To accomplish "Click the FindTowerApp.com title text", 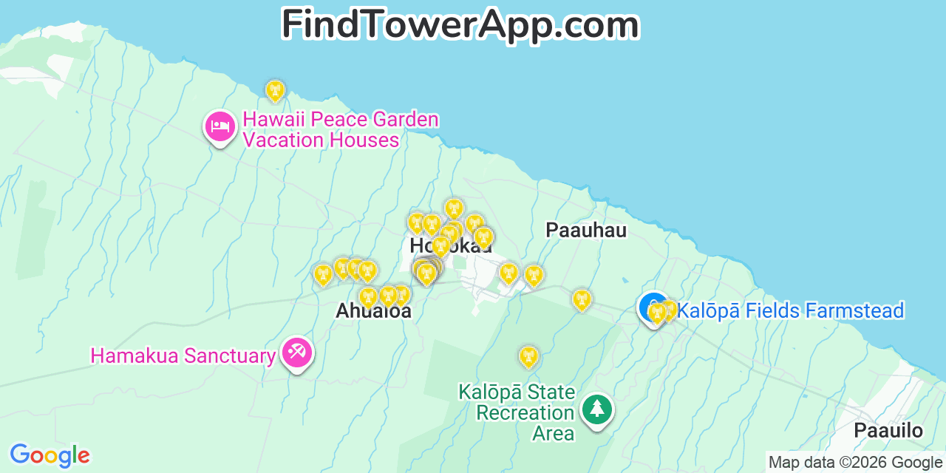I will tap(460, 25).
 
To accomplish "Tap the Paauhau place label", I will tap(586, 230).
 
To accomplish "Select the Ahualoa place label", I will tap(373, 310).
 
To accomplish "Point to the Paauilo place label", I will tap(888, 431).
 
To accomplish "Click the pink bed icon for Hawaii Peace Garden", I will tap(220, 127).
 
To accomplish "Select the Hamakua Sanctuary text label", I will tap(183, 355).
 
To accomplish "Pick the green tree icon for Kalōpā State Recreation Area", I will tap(596, 409).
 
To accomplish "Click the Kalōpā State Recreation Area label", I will tap(525, 412).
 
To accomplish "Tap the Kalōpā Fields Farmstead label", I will tap(790, 310).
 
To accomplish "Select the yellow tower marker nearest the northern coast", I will tap(276, 91).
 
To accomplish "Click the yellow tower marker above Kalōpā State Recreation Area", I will tap(528, 357).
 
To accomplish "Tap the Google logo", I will tap(50, 455).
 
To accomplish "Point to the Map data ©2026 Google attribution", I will tap(855, 463).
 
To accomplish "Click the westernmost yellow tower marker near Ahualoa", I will tap(323, 275).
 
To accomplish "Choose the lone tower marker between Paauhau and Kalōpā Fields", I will tap(582, 299).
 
